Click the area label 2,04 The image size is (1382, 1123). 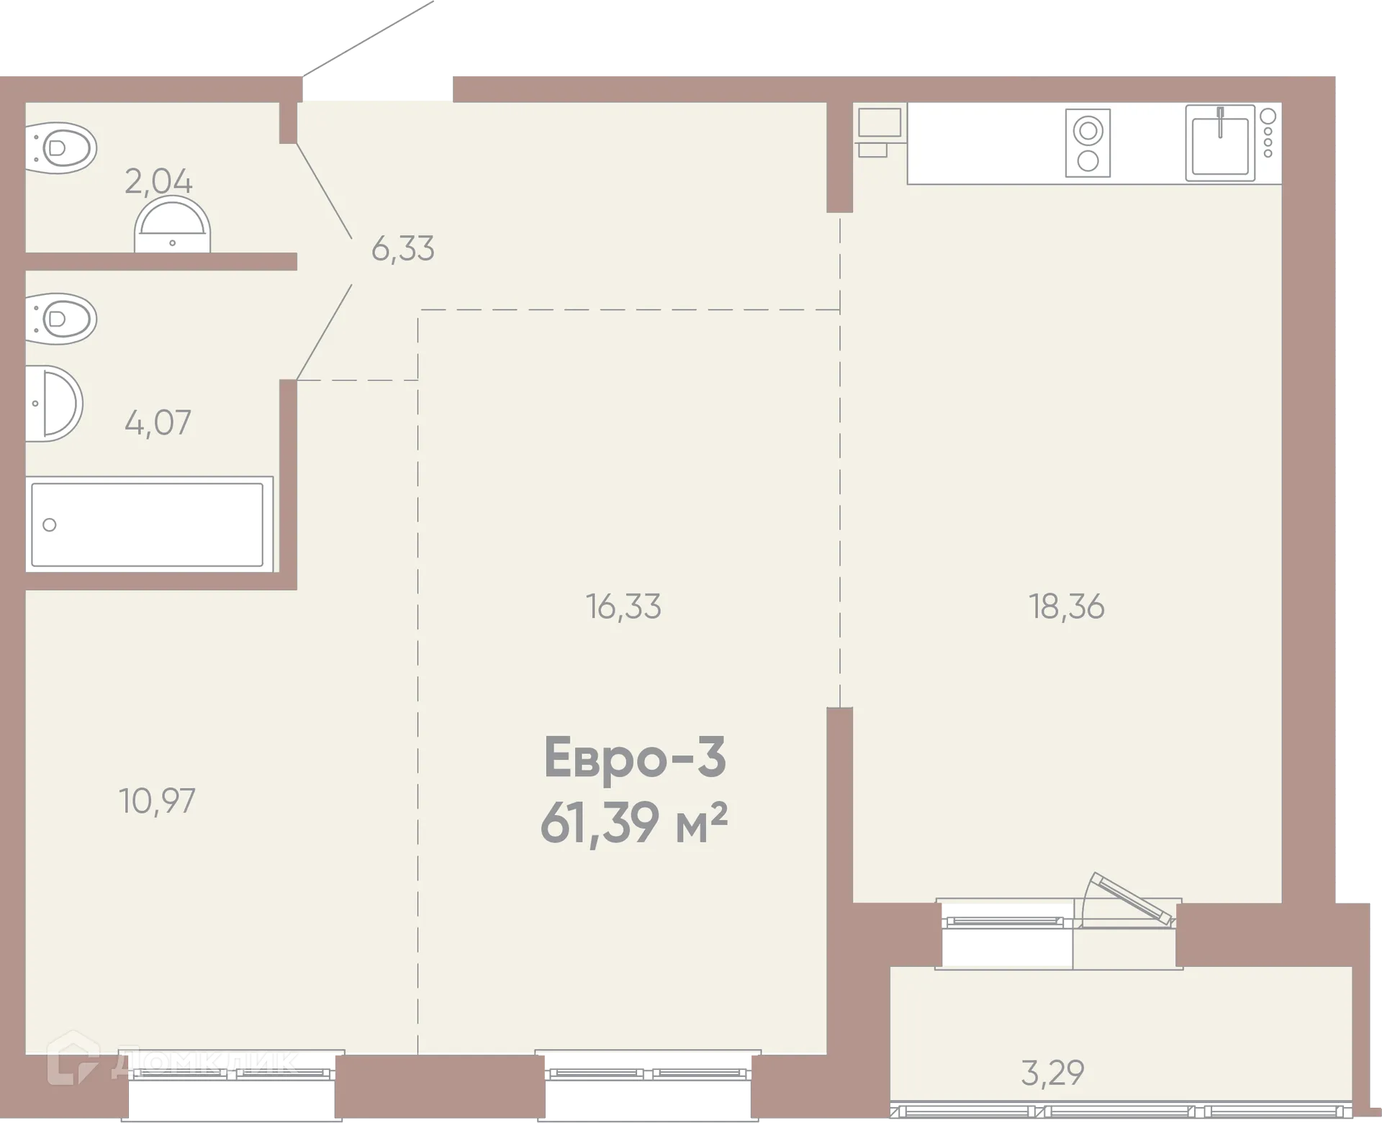pyautogui.click(x=158, y=181)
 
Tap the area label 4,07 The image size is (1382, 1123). pyautogui.click(x=158, y=422)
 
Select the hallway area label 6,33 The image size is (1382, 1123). pyautogui.click(x=402, y=249)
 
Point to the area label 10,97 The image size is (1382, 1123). pyautogui.click(x=157, y=801)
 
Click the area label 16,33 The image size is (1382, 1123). pyautogui.click(x=623, y=606)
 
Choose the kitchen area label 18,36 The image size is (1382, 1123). pyautogui.click(x=1066, y=606)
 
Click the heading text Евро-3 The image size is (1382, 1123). pyautogui.click(x=635, y=758)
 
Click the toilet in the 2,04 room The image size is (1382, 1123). pyautogui.click(x=61, y=149)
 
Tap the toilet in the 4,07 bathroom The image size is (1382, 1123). pyautogui.click(x=61, y=318)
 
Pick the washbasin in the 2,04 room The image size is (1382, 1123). pyautogui.click(x=172, y=227)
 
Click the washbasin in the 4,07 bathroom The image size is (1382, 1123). pyautogui.click(x=54, y=403)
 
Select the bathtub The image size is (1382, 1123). pyautogui.click(x=148, y=524)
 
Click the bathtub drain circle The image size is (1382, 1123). pyautogui.click(x=50, y=524)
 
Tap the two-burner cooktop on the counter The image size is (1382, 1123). pyautogui.click(x=1088, y=143)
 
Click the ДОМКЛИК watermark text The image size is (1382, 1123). pyautogui.click(x=216, y=1063)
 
